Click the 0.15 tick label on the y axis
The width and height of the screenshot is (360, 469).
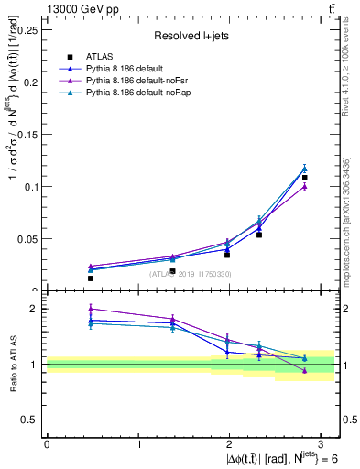(x=29, y=134)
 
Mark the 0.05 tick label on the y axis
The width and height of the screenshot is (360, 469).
(x=29, y=239)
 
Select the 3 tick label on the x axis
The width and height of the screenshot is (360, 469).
(x=322, y=444)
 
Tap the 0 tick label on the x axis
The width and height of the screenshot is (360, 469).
(x=47, y=444)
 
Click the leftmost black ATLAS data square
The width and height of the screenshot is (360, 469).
(x=90, y=278)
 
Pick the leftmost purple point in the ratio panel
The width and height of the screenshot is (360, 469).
(x=90, y=309)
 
